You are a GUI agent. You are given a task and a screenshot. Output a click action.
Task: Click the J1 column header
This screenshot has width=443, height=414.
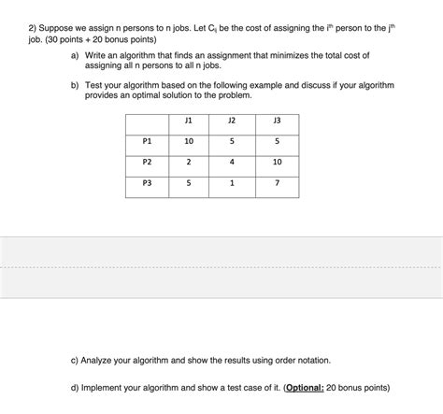pyautogui.click(x=189, y=120)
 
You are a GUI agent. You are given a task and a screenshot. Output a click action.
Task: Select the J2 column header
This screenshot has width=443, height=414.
pyautogui.click(x=233, y=120)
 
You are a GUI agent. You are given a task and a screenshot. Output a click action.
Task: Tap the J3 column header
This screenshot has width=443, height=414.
pyautogui.click(x=276, y=120)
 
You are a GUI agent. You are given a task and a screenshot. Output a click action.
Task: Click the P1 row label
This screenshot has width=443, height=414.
pyautogui.click(x=146, y=141)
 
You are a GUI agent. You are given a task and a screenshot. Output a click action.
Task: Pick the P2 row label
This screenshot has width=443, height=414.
pyautogui.click(x=146, y=162)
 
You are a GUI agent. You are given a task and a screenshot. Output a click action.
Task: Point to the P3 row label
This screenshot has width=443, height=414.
pyautogui.click(x=146, y=183)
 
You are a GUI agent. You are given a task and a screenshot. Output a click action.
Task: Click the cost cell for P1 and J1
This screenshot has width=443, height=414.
pyautogui.click(x=189, y=141)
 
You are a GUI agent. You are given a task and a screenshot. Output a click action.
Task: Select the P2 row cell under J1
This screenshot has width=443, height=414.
pyautogui.click(x=189, y=162)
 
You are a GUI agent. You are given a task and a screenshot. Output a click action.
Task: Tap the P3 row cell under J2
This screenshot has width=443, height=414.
pyautogui.click(x=233, y=183)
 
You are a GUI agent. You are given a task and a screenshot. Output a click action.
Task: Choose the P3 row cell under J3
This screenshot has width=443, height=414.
pyautogui.click(x=276, y=183)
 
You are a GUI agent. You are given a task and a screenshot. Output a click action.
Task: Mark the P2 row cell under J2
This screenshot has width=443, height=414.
pyautogui.click(x=233, y=162)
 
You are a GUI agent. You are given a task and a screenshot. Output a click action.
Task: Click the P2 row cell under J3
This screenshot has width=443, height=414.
pyautogui.click(x=276, y=162)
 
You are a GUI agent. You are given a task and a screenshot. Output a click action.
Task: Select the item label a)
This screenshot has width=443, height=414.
pyautogui.click(x=74, y=56)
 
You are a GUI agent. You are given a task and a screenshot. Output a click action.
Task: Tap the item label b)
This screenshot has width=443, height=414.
pyautogui.click(x=74, y=85)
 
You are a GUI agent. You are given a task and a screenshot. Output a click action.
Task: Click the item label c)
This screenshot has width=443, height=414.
pyautogui.click(x=74, y=359)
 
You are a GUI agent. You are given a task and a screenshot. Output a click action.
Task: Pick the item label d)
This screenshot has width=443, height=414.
pyautogui.click(x=74, y=388)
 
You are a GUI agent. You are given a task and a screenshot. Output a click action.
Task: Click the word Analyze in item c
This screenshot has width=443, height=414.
pyautogui.click(x=99, y=359)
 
